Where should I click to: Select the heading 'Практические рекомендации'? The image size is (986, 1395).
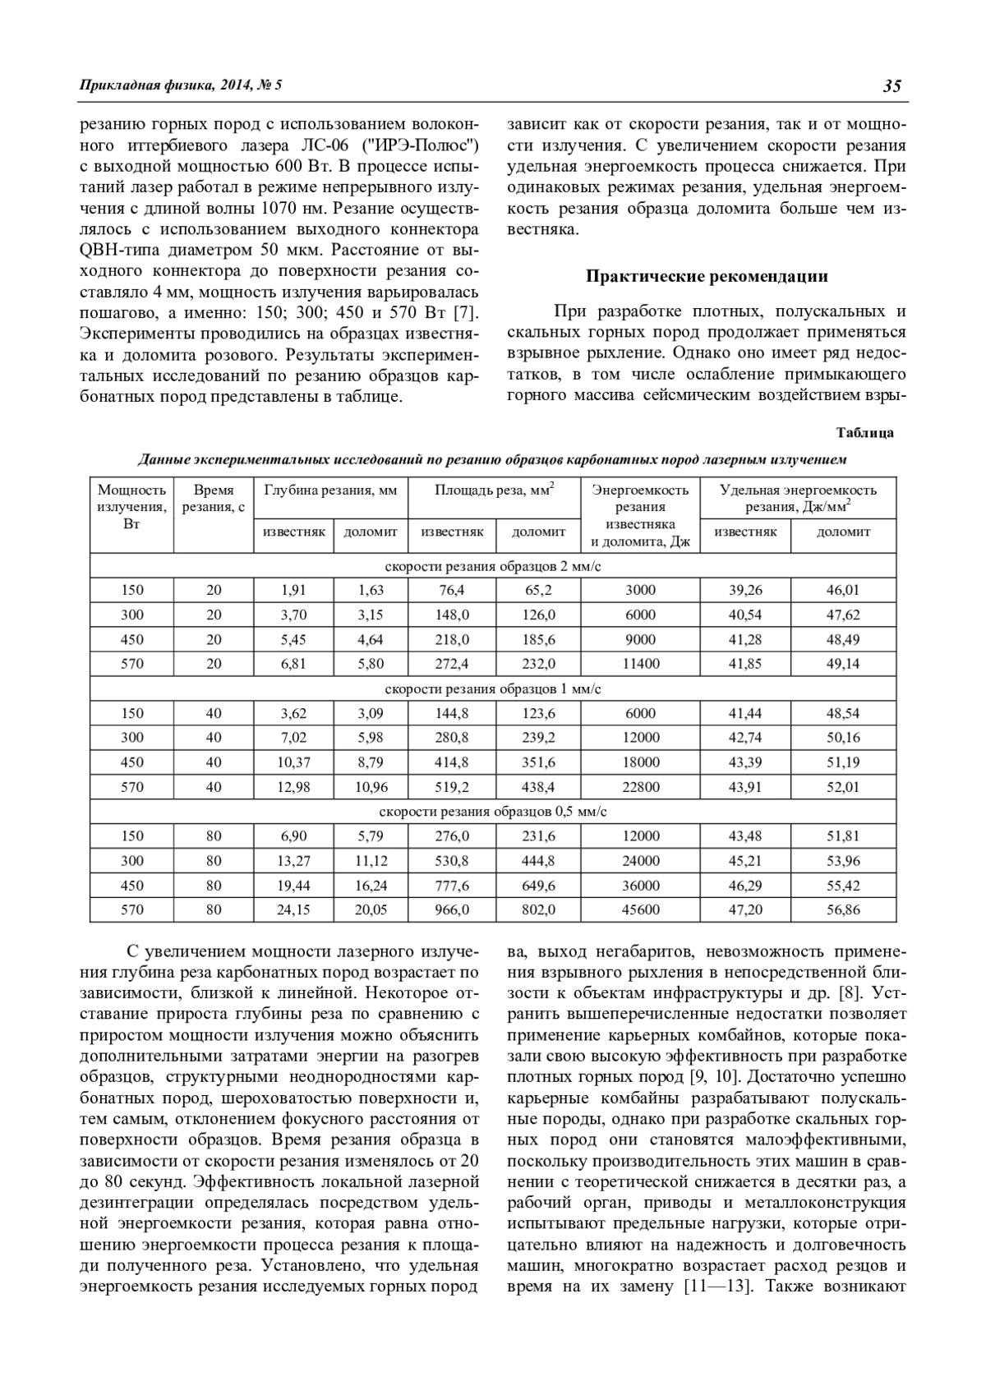[x=707, y=276]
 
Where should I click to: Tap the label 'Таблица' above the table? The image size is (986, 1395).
[x=864, y=433]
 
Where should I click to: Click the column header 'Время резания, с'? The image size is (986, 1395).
[x=214, y=499]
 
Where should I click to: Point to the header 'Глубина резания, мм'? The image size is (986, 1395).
[x=330, y=490]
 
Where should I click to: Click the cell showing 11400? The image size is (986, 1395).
[x=640, y=664]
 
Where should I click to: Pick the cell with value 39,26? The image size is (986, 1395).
[x=745, y=590]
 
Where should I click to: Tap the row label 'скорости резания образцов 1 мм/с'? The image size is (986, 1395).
[x=493, y=688]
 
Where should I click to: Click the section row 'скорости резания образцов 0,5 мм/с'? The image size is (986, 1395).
[x=493, y=812]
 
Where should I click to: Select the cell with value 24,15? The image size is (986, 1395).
[x=293, y=909]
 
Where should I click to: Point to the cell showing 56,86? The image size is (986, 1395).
[x=843, y=909]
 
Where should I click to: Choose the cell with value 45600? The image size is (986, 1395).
[x=640, y=909]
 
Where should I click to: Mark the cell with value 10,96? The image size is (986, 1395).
[x=371, y=787]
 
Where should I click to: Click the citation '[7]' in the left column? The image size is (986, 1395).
[x=466, y=312]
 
